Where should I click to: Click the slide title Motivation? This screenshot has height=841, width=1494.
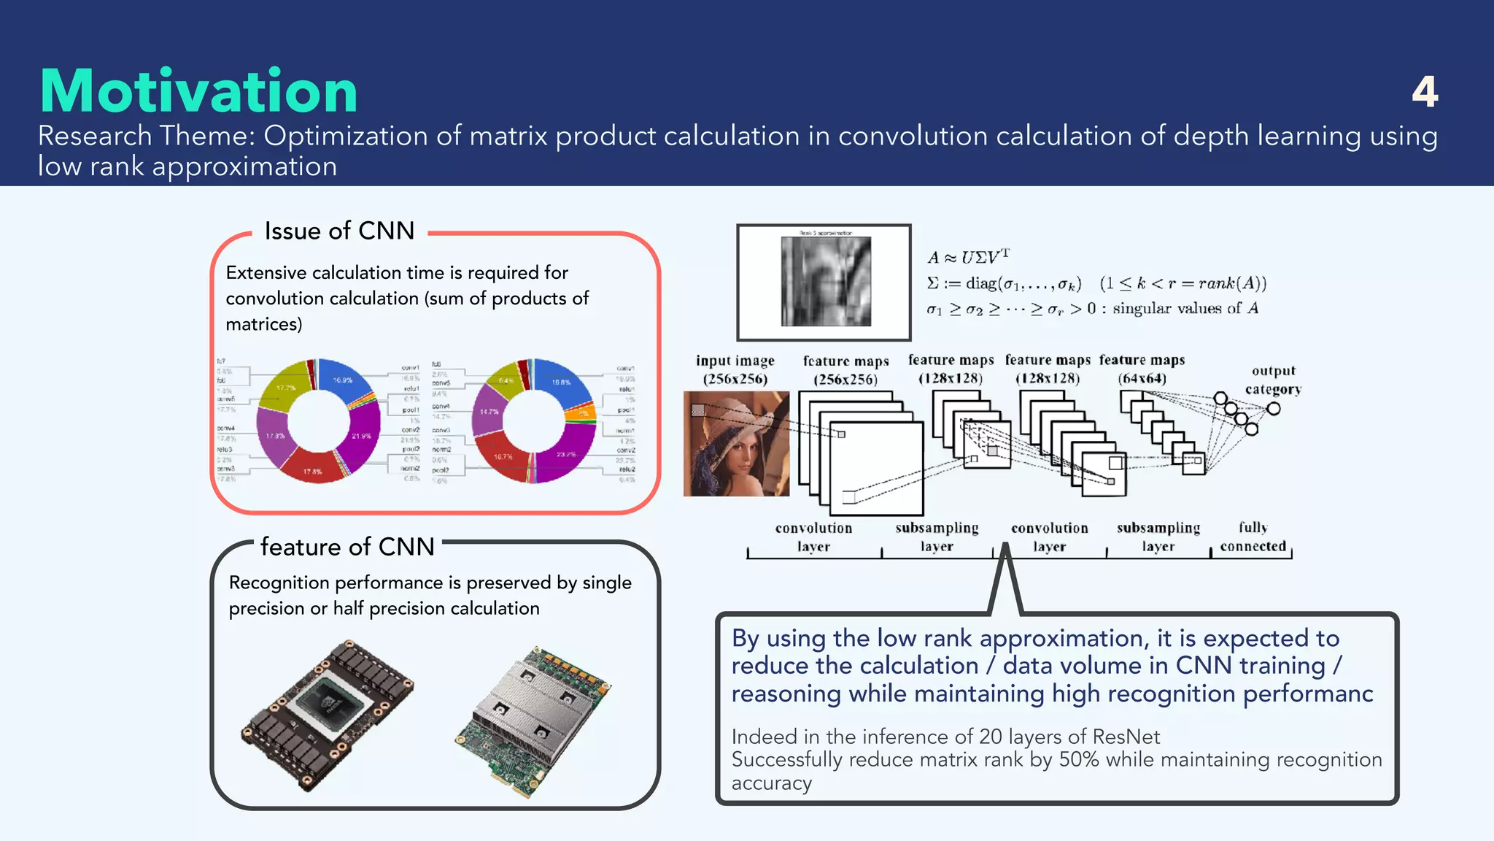coord(198,91)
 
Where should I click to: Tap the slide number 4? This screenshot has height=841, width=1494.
coord(1424,92)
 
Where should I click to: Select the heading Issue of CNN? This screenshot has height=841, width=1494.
coord(339,231)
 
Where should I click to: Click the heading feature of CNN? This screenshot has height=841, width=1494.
coord(347,547)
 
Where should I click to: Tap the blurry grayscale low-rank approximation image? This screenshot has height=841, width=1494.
coord(825,281)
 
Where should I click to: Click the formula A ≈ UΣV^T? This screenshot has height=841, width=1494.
coord(968,257)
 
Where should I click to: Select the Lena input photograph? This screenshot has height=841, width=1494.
coord(736,444)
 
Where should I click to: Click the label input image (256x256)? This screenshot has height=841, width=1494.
coord(735,369)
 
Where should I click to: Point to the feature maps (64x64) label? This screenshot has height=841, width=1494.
coord(1142,369)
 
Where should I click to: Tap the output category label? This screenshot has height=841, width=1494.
coord(1273,380)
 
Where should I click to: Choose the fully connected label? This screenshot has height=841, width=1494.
coord(1253,537)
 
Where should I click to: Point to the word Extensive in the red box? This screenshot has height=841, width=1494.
coord(266,272)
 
